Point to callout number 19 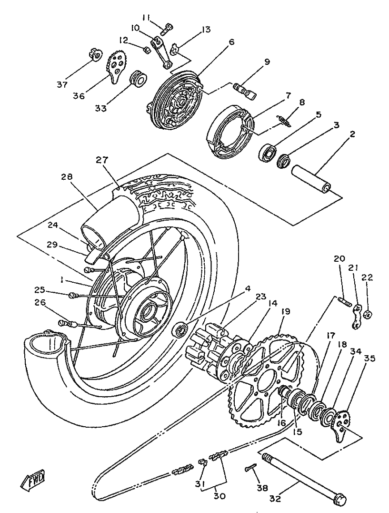(285, 312)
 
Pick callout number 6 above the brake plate (231, 43)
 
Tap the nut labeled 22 (368, 315)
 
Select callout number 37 (62, 85)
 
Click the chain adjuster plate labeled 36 (118, 67)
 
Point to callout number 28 (67, 177)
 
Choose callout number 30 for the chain (219, 496)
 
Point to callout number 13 (206, 30)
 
